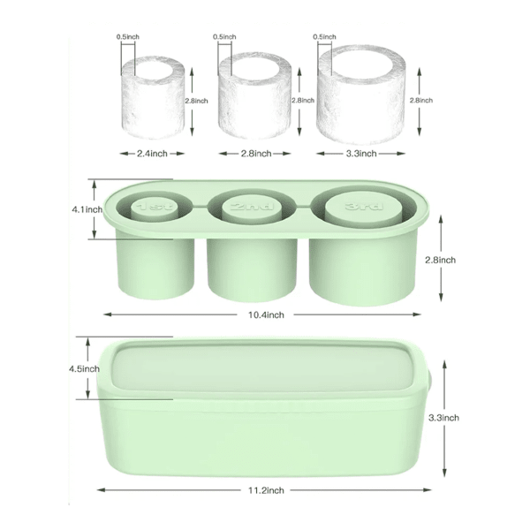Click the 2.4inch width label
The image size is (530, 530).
pyautogui.click(x=153, y=153)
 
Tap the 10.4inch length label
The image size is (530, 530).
pyautogui.click(x=262, y=314)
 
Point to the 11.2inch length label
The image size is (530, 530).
pyautogui.click(x=264, y=489)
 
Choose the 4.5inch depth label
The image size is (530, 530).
pyautogui.click(x=88, y=368)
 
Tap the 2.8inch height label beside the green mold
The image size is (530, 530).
pyautogui.click(x=438, y=260)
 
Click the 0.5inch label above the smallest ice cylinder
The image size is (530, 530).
pyautogui.click(x=129, y=37)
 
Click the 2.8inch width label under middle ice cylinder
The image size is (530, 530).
pyautogui.click(x=256, y=153)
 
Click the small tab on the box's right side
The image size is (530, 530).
pyautogui.click(x=428, y=378)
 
